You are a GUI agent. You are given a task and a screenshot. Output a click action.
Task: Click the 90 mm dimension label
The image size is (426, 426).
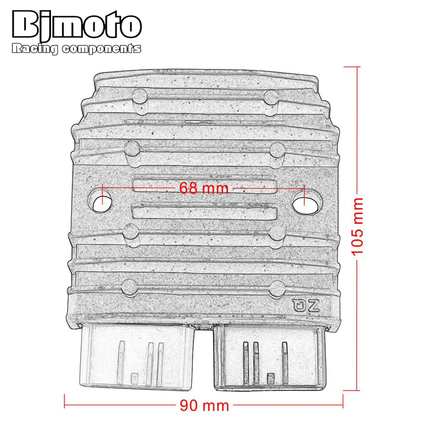pyautogui.click(x=204, y=404)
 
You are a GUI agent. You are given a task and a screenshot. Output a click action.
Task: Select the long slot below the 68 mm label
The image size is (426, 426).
pyautogui.click(x=205, y=212)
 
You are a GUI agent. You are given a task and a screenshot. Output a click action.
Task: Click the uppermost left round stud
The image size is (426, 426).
pyautogui.click(x=139, y=97)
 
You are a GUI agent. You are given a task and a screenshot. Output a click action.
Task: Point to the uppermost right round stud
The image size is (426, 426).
pyautogui.click(x=270, y=97)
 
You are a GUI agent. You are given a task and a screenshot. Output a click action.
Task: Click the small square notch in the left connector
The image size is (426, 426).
pyautogui.click(x=135, y=377)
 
